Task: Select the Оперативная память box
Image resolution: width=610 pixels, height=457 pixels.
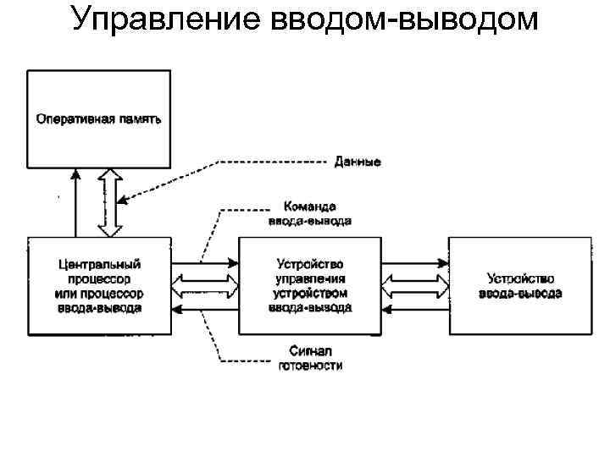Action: click(x=98, y=118)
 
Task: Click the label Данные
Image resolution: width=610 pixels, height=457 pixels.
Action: click(x=357, y=161)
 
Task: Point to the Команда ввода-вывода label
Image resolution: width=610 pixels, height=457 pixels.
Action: click(x=308, y=213)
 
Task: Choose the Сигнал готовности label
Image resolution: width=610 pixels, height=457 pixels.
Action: click(x=310, y=358)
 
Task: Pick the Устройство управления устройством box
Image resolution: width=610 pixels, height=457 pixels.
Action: click(x=310, y=286)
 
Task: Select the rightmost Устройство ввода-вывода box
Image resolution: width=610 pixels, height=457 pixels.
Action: click(x=520, y=286)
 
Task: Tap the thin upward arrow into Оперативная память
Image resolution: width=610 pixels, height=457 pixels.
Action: click(x=75, y=203)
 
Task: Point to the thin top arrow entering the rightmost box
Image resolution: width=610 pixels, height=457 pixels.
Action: click(x=414, y=262)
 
